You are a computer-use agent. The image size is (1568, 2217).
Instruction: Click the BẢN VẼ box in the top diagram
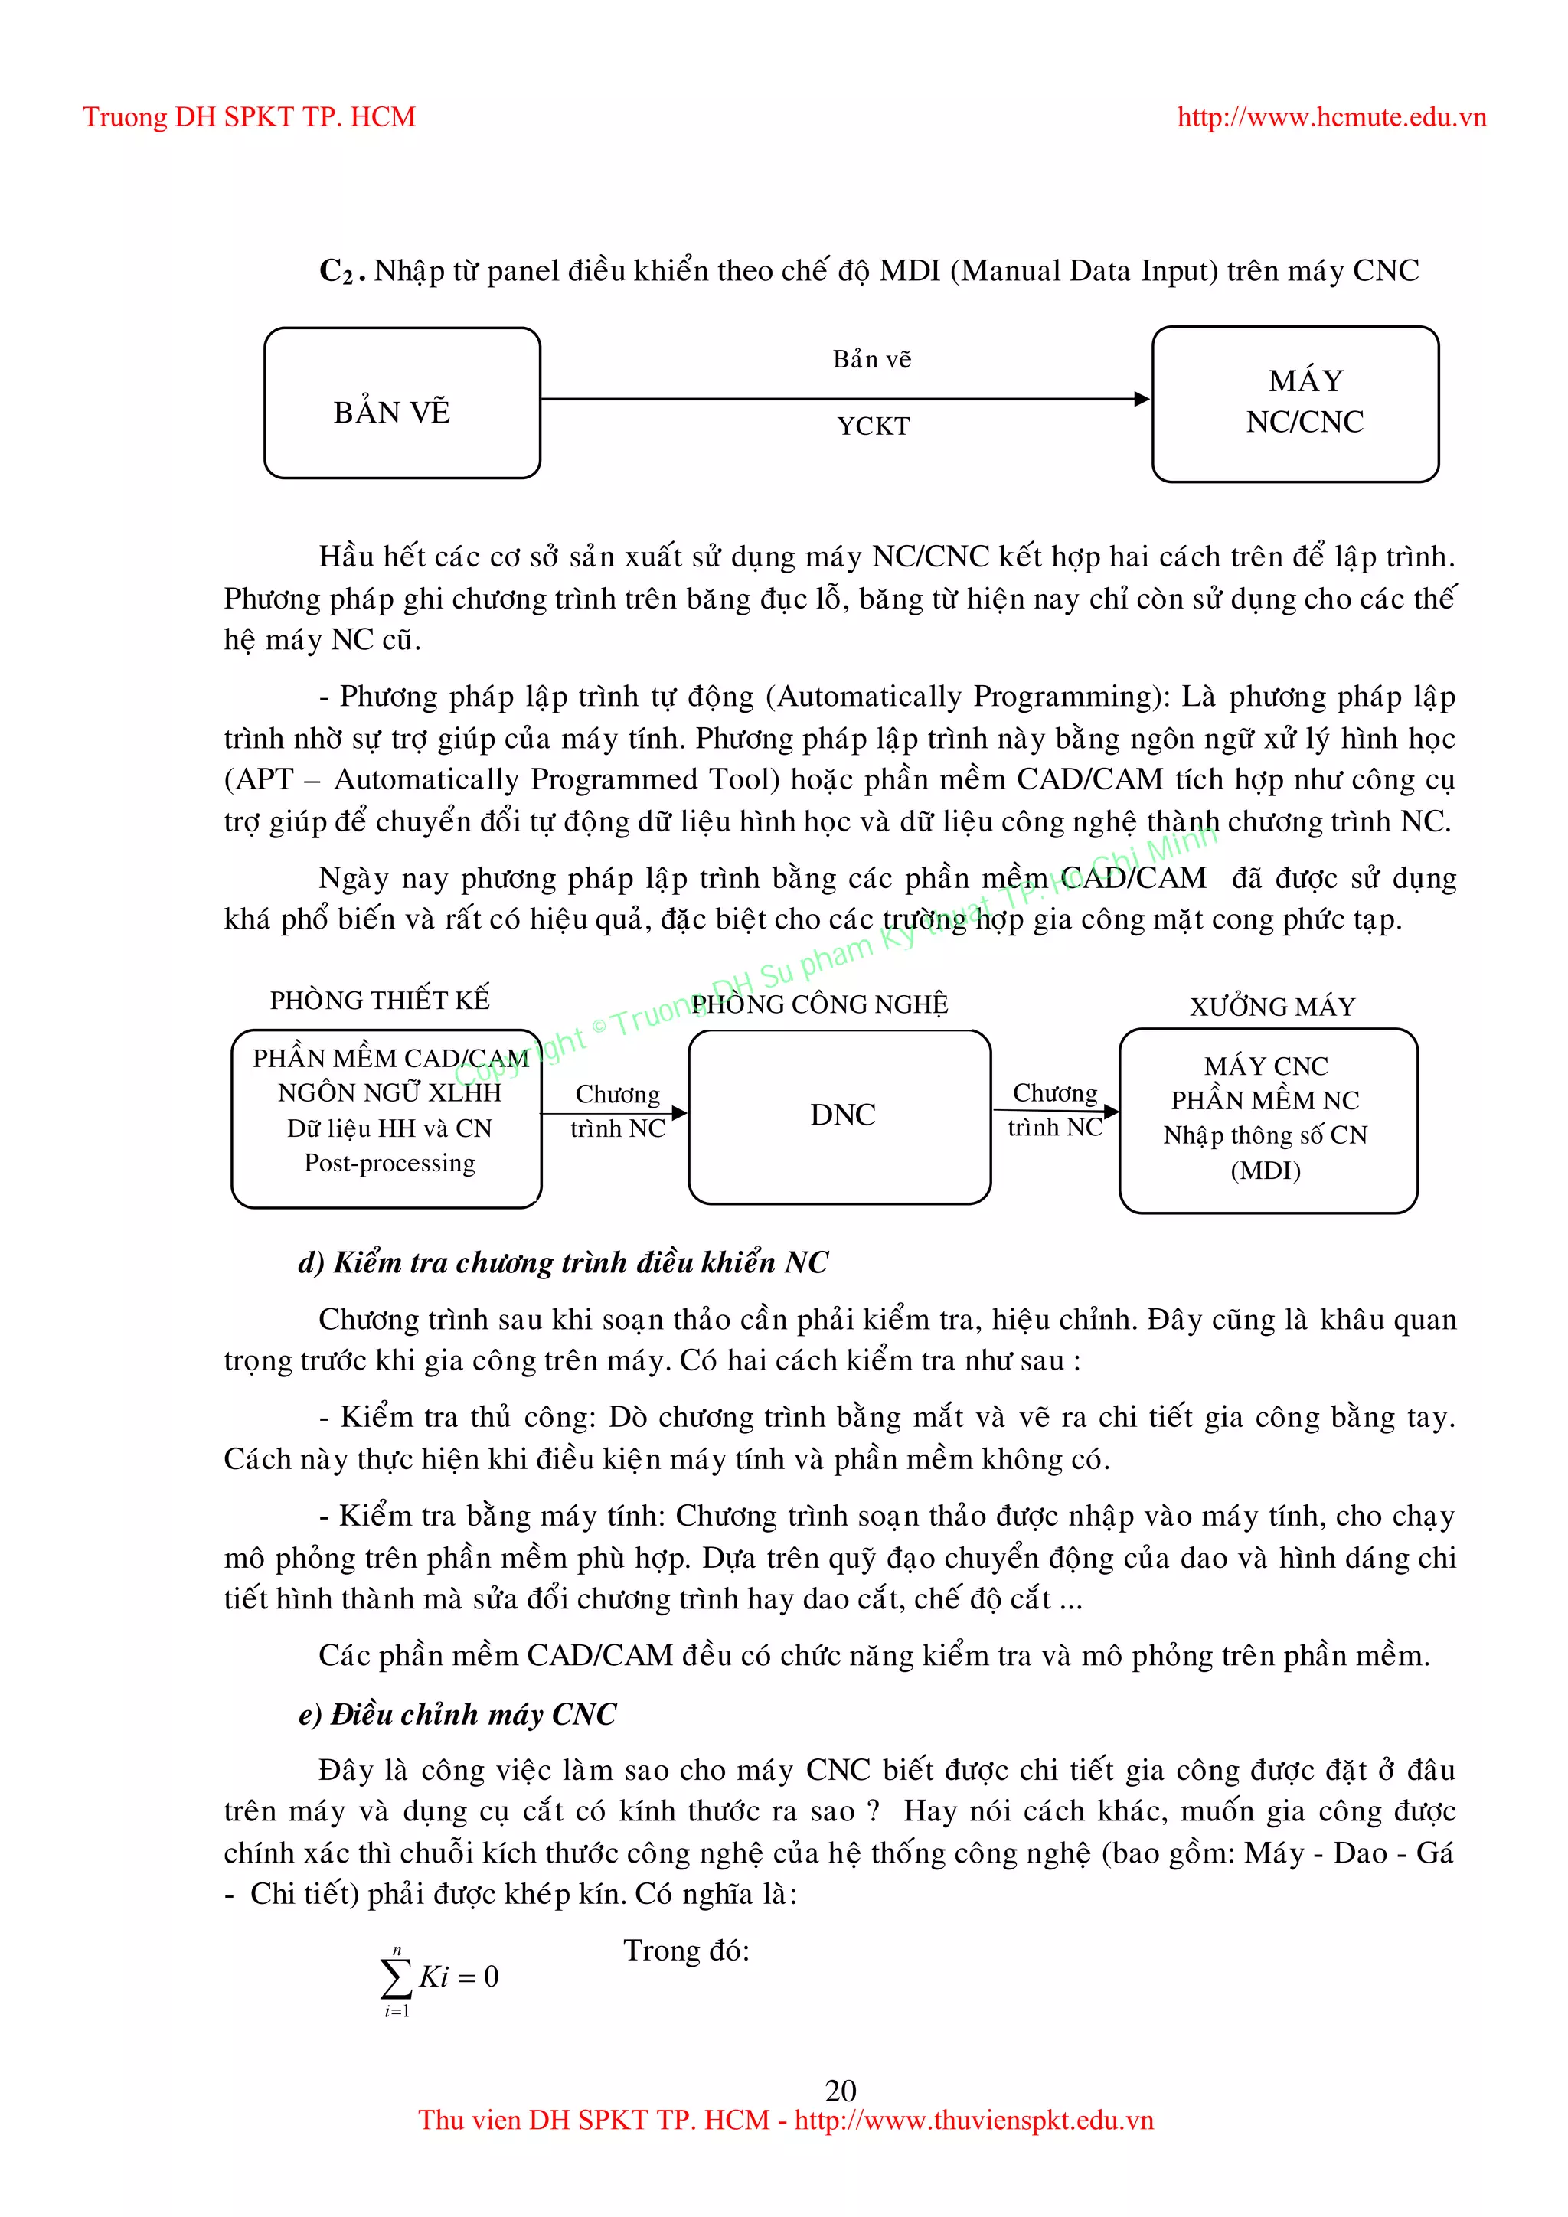402,403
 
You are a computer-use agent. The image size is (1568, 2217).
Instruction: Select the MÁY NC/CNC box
1295,403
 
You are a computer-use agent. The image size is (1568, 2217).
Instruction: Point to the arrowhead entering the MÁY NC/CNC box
1142,399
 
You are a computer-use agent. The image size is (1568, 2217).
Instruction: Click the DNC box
840,1116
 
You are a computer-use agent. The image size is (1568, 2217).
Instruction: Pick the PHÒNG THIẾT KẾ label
380,999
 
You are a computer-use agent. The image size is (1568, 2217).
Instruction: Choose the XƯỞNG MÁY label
1272,1007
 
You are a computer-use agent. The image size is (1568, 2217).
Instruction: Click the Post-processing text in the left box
389,1164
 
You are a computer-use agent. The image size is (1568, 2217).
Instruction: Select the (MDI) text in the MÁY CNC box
1265,1171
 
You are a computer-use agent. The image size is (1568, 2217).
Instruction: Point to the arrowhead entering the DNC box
680,1113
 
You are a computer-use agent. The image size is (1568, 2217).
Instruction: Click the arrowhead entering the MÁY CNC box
1112,1112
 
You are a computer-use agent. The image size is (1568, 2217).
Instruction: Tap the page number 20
840,2091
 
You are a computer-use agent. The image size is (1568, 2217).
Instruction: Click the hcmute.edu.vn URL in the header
1331,117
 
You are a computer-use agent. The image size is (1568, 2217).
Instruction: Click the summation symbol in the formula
396,1977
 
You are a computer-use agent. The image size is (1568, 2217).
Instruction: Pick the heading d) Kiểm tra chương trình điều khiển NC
563,1262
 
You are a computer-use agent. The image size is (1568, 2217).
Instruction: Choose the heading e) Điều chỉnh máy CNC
456,1715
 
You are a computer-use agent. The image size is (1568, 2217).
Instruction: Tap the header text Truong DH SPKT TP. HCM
249,117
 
